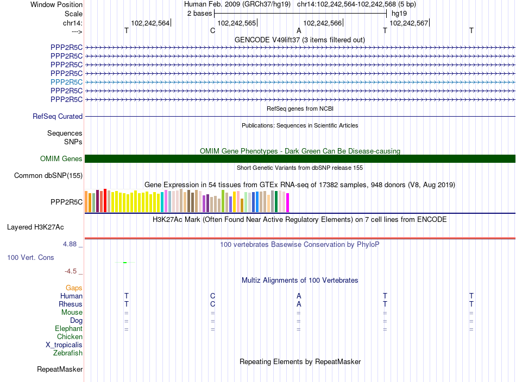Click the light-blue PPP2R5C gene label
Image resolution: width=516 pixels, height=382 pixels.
(66, 82)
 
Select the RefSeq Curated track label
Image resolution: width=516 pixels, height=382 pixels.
(58, 116)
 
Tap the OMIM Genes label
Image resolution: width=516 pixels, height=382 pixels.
(61, 159)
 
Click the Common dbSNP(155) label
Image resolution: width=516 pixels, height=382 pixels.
(48, 175)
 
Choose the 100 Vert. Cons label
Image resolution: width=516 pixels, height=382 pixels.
(30, 257)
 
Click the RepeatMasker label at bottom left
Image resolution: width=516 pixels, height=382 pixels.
(60, 370)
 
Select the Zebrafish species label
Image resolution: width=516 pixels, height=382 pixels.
(68, 353)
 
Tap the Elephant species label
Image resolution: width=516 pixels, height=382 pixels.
(68, 329)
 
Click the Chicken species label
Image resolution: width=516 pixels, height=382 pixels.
(70, 337)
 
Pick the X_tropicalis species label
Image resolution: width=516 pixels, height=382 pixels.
(64, 345)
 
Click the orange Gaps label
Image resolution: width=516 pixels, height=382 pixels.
(74, 288)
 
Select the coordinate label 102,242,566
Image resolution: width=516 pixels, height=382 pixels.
(323, 23)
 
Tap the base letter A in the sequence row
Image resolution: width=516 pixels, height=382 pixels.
(299, 31)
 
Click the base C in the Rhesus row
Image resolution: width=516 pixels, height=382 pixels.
(212, 304)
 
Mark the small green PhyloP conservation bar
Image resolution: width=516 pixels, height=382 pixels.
(125, 263)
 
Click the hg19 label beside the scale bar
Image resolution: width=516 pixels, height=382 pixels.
(399, 13)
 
